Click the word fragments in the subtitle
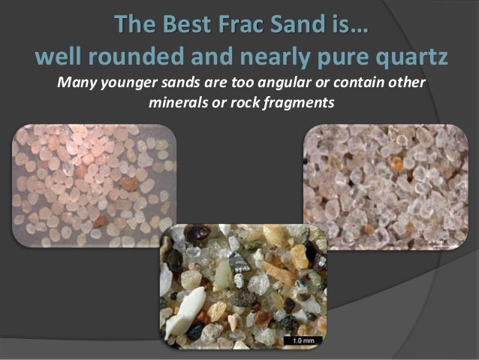[x=295, y=100]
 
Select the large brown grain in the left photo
[x=129, y=183]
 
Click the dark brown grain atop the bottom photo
[x=197, y=234]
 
